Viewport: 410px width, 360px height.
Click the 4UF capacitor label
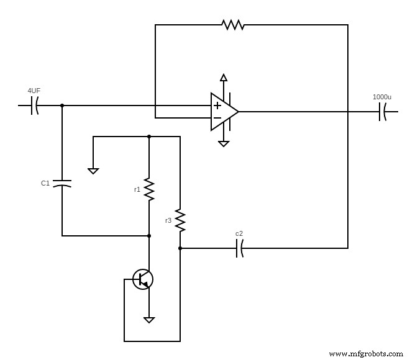pyautogui.click(x=34, y=91)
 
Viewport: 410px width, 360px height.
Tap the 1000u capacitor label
pyautogui.click(x=381, y=97)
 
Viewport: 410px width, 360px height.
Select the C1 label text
pyautogui.click(x=45, y=183)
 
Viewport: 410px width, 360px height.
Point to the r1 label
pyautogui.click(x=137, y=189)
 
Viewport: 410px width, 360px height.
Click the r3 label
pyautogui.click(x=168, y=220)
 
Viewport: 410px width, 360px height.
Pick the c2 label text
pyautogui.click(x=239, y=234)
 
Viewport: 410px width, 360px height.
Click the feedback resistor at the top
pyautogui.click(x=233, y=25)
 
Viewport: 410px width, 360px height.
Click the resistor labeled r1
pyautogui.click(x=149, y=189)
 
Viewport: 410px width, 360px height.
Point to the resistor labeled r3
pyautogui.click(x=180, y=220)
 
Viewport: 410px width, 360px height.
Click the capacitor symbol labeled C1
pyautogui.click(x=62, y=183)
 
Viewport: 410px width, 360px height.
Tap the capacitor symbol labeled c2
pyautogui.click(x=239, y=248)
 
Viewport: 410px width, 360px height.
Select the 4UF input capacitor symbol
pyautogui.click(x=34, y=106)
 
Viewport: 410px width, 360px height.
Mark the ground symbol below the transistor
pyautogui.click(x=149, y=320)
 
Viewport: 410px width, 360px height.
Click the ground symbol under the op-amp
pyautogui.click(x=224, y=143)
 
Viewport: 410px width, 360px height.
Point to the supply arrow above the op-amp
pyautogui.click(x=224, y=78)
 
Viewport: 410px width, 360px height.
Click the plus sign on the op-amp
pyautogui.click(x=217, y=106)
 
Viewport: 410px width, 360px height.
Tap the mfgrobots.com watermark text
pyautogui.click(x=365, y=353)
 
